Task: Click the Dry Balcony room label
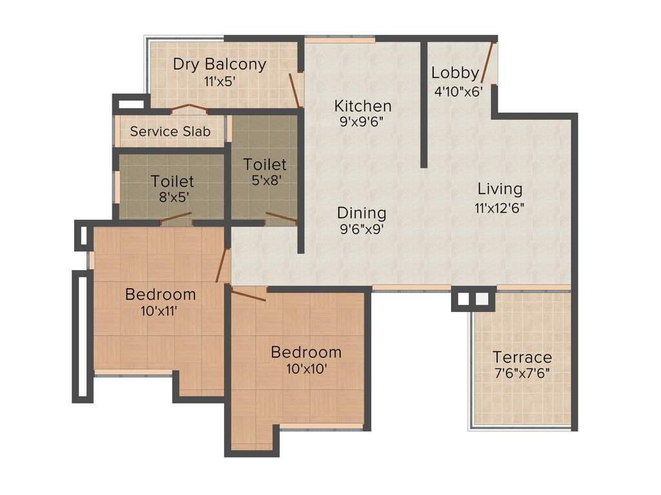point(219,64)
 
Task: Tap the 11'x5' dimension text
point(219,82)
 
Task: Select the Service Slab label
point(170,131)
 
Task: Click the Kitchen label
point(362,106)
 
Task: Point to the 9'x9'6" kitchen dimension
point(362,122)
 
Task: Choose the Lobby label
point(455,73)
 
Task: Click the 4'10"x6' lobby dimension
point(458,91)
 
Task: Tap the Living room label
point(500,189)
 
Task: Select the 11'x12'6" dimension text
point(500,208)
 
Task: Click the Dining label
point(361,213)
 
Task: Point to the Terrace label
point(522,357)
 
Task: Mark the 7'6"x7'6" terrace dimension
point(522,374)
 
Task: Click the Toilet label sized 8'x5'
point(172,181)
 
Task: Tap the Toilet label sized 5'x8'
point(265,165)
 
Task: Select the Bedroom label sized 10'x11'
point(160,295)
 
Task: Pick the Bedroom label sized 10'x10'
point(306,353)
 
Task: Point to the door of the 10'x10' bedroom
point(249,296)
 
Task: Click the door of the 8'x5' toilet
point(176,218)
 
